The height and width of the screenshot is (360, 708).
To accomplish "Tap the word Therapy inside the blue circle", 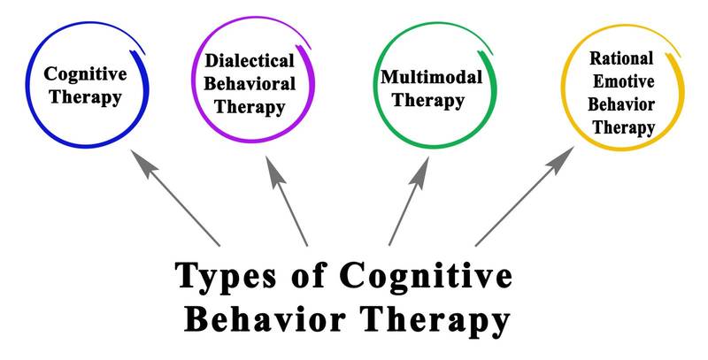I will (x=85, y=96).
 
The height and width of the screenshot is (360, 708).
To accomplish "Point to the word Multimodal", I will (x=431, y=76).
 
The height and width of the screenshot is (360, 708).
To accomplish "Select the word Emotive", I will (x=623, y=81).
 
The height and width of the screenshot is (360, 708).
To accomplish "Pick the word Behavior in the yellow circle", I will (x=624, y=104).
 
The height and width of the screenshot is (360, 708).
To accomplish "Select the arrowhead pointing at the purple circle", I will (x=271, y=162).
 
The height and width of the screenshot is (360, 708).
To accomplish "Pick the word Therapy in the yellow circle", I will (x=624, y=127).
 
